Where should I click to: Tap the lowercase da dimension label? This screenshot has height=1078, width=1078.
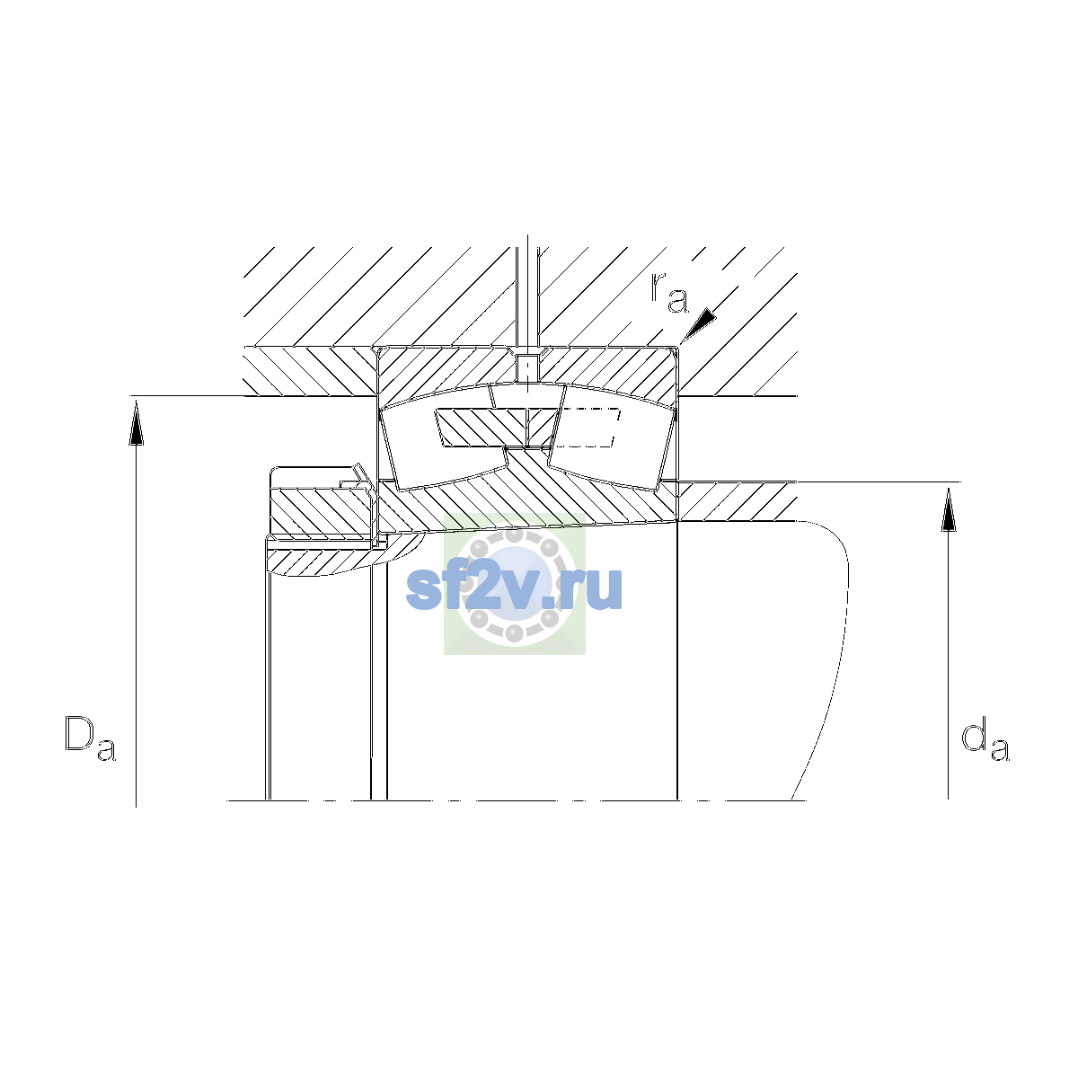tap(985, 742)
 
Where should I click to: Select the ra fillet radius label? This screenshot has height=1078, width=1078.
tap(669, 293)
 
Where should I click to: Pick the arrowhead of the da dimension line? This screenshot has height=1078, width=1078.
tap(949, 508)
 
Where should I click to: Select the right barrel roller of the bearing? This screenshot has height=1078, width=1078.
tap(613, 437)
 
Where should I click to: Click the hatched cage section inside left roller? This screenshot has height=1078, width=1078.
tap(482, 428)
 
